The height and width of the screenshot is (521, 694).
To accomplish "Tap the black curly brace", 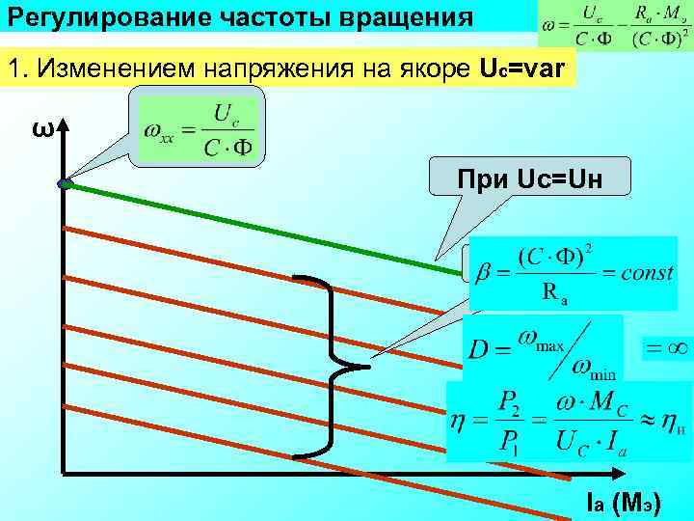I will [333, 366].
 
